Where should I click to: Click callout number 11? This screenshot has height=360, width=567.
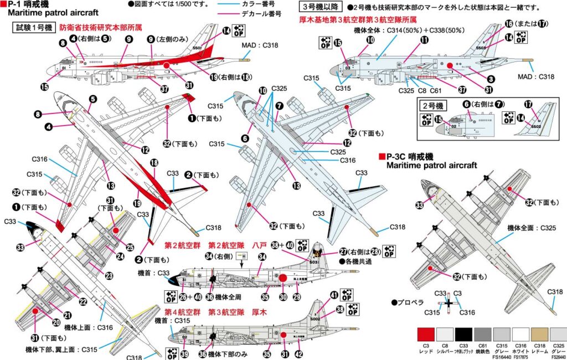[x=425, y=39]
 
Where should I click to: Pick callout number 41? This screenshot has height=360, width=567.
[x=334, y=295]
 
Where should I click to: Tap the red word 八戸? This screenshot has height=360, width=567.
[x=260, y=244]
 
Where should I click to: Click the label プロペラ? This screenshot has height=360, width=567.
[x=410, y=302]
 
